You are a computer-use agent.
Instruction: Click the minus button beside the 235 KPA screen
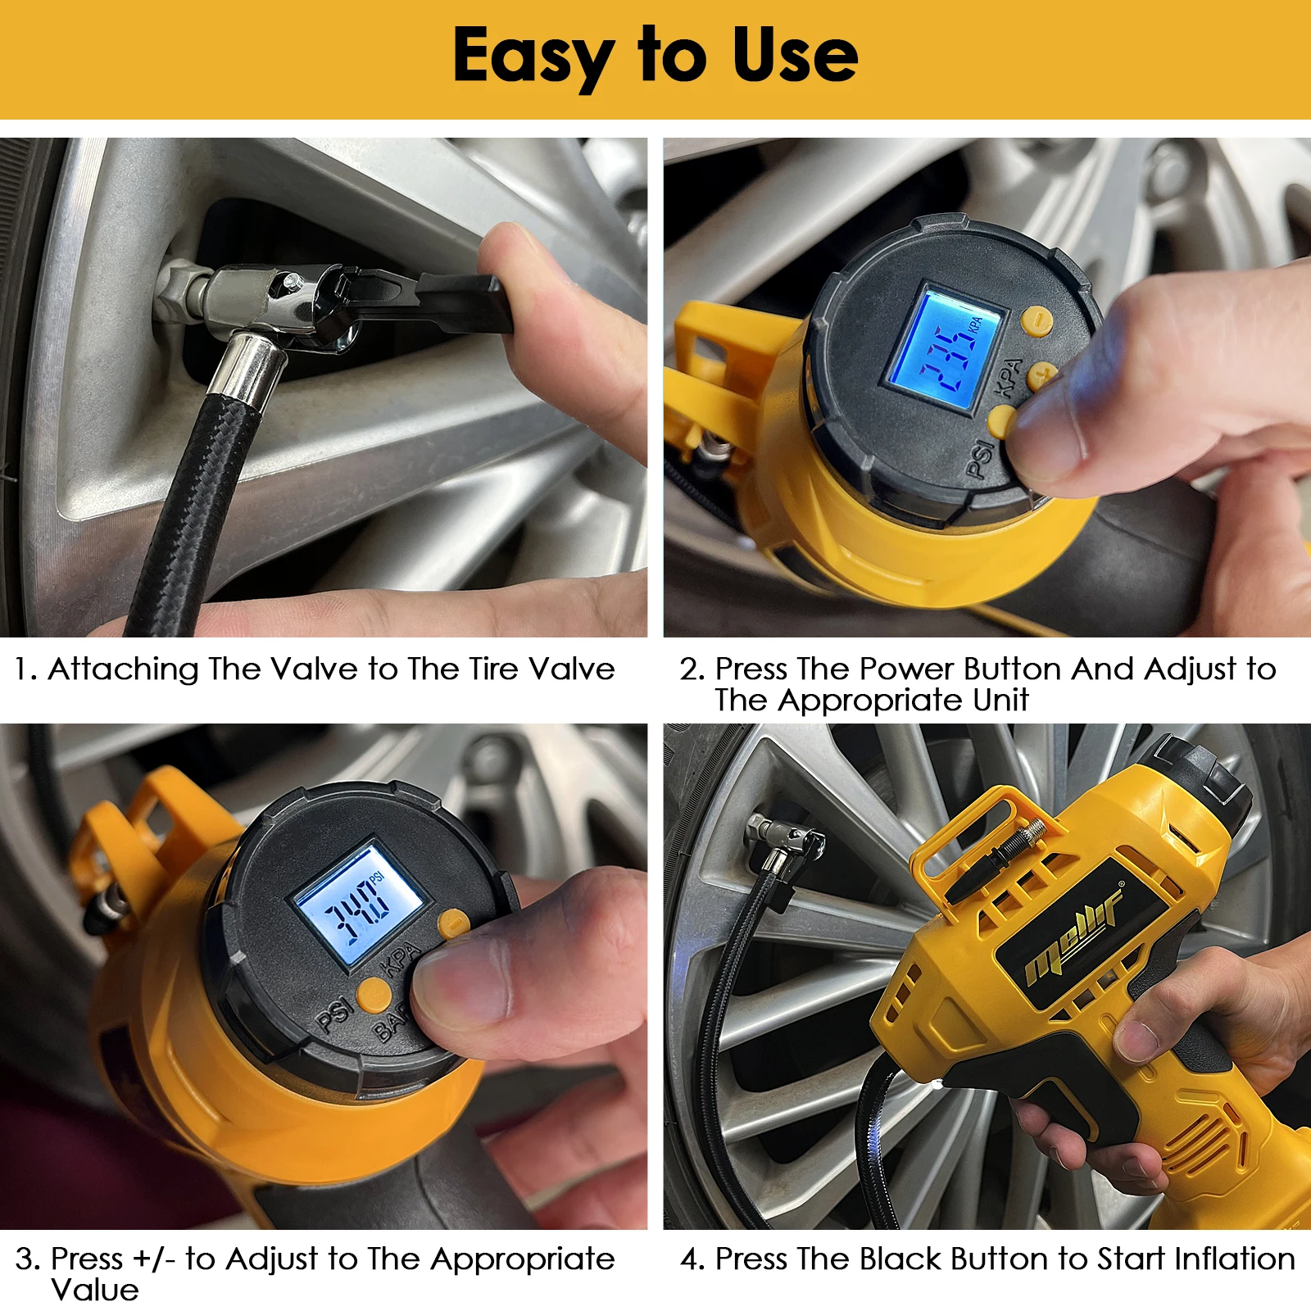(x=1037, y=320)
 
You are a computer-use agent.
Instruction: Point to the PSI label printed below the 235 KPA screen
(x=980, y=459)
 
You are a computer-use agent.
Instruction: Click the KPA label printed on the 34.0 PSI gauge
(x=401, y=959)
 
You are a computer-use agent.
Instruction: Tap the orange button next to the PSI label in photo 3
(x=374, y=993)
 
